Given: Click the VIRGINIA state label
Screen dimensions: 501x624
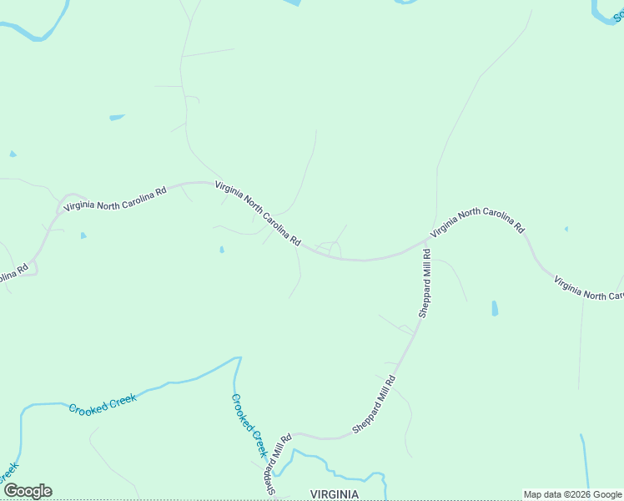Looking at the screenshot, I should point(335,494).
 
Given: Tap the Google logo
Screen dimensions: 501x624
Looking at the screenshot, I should point(28,491).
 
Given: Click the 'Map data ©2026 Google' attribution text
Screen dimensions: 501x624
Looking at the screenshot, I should point(572,494).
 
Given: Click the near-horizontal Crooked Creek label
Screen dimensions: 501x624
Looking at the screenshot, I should point(102,404).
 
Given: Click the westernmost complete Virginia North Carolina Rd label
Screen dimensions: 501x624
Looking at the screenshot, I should point(115,197).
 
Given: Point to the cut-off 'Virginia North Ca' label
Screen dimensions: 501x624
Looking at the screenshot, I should point(589,288).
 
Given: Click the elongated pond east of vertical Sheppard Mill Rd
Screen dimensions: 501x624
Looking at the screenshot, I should point(495,308).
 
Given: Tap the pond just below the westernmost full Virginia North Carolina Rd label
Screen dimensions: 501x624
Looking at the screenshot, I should point(83,235).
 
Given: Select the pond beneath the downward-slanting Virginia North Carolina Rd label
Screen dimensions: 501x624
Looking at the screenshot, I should point(221,249).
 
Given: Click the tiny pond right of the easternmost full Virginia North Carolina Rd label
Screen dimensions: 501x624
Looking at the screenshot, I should point(566,229).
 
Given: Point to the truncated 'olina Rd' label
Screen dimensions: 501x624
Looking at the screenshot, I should point(14,274).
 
